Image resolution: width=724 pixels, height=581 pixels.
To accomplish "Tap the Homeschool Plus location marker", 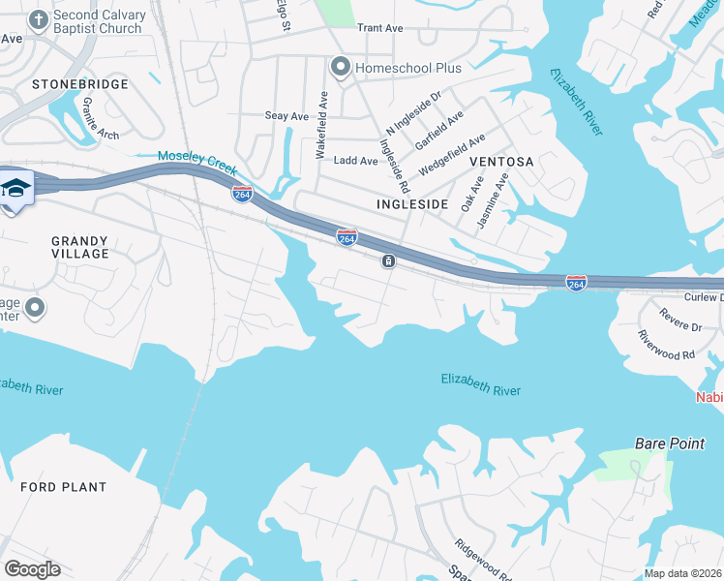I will coord(340,67).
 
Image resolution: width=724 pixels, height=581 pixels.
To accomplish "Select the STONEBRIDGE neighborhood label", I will coord(80,85).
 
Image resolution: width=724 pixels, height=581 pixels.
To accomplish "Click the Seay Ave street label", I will coord(287,116).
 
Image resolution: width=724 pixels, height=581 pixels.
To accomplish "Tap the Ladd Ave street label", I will coord(355,161).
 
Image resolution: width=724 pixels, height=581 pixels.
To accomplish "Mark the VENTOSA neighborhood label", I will coord(501,162).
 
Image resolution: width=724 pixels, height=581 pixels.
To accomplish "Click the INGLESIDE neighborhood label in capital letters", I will coord(412,204).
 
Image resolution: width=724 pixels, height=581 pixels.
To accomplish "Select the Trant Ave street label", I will coord(379,28).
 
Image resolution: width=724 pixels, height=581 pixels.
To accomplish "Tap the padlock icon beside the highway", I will coord(388,261).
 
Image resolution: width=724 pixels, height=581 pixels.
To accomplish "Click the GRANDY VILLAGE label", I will coord(80,246).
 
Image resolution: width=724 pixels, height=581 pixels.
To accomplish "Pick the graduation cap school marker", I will coord(15,188).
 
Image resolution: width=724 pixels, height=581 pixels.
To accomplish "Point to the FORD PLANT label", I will coord(64,487).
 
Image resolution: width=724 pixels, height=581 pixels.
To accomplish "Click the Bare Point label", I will coord(670,443).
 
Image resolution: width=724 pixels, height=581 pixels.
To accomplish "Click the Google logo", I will coord(32,569).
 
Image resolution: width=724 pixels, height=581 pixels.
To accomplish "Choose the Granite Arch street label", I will coord(101,117).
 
